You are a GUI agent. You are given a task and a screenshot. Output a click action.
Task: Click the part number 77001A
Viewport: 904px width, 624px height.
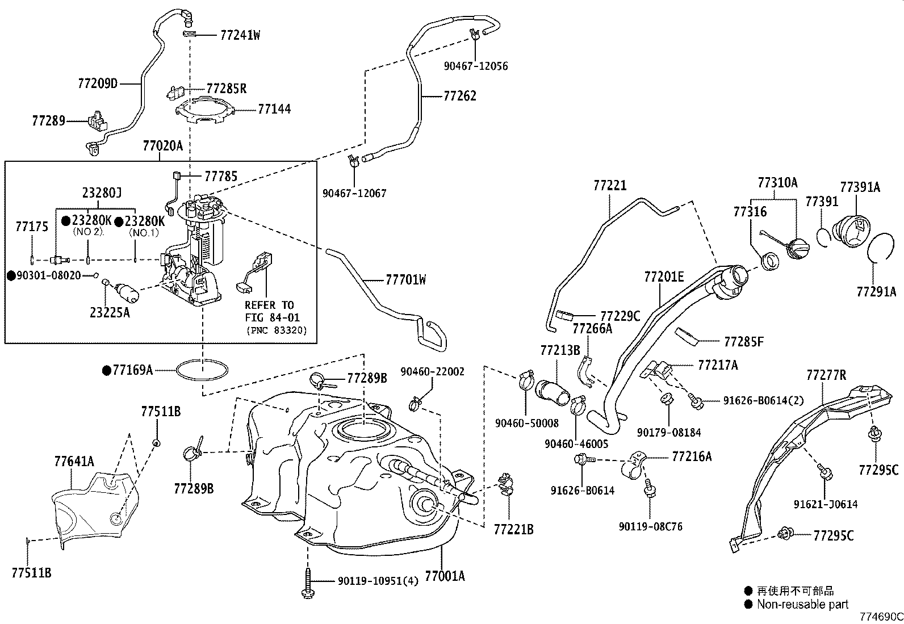coord(445,576)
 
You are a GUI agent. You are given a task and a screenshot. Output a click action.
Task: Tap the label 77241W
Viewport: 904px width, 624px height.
coord(240,35)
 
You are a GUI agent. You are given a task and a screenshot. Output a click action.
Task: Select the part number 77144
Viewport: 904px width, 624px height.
coord(274,108)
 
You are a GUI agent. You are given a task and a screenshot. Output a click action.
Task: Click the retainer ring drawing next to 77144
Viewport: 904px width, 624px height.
coord(204,111)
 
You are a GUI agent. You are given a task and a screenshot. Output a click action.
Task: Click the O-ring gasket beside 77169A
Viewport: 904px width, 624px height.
coord(203,370)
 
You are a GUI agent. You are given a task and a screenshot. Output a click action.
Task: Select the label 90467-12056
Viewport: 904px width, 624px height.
coord(475,66)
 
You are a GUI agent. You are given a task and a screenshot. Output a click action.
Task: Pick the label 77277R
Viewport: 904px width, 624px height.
coord(826,375)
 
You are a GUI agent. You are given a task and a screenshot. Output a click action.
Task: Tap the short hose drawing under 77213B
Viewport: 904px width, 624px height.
coord(552,393)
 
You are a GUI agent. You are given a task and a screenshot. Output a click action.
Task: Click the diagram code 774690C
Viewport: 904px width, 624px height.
coord(880,617)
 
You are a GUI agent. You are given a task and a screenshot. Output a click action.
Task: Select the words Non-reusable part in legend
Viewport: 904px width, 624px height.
coord(802,604)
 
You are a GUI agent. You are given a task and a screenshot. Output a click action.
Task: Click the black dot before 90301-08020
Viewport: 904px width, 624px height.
coord(11,275)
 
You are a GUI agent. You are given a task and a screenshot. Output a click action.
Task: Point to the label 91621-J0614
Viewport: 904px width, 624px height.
coord(826,504)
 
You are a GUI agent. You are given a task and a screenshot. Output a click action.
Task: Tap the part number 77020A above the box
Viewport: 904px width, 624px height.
coord(162,146)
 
